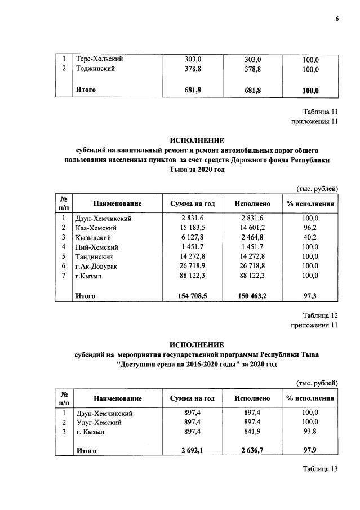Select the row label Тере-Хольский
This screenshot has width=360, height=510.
(99, 59)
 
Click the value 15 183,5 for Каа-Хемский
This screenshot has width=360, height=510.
(193, 228)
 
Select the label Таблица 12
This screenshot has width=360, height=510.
(319, 315)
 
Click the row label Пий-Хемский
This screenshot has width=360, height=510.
(96, 247)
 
